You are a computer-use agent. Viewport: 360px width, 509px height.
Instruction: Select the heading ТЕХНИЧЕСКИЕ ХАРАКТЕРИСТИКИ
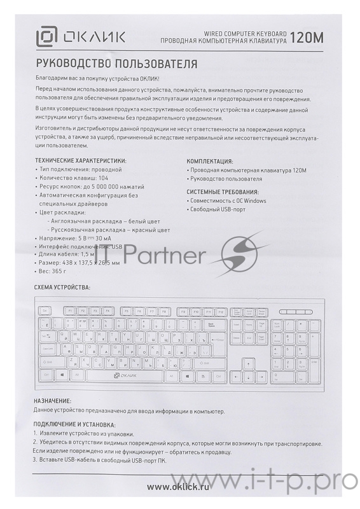click(80, 161)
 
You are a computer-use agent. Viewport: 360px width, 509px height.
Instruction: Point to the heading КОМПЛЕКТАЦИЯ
click(209, 162)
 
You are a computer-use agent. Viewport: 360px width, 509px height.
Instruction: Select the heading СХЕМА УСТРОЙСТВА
click(62, 288)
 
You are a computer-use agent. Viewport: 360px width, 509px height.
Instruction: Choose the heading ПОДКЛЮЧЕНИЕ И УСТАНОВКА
click(74, 424)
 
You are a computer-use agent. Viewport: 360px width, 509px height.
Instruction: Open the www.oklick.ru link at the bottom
click(179, 487)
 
